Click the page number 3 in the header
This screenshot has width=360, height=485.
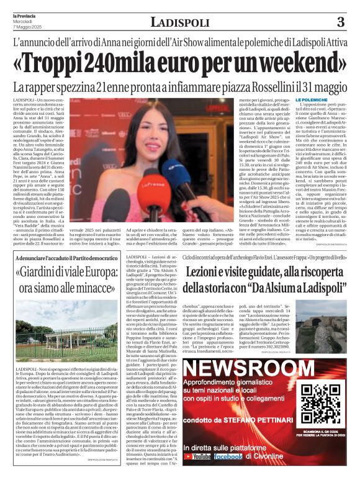click(340, 22)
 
